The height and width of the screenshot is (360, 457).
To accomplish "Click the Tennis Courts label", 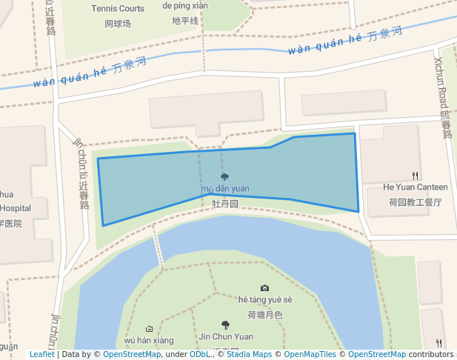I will point(118,9).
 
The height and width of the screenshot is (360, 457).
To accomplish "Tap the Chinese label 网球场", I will point(118,24).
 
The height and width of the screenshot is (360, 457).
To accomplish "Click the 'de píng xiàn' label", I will point(185,6).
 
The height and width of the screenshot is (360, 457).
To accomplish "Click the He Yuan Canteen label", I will point(415,187).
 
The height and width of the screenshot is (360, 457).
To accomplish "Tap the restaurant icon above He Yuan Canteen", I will point(416,176).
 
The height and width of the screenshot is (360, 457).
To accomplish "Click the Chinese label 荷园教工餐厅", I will point(415,201).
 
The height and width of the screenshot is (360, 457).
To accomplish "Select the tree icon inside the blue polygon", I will point(224,177).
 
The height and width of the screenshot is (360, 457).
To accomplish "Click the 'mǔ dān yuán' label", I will point(224,190).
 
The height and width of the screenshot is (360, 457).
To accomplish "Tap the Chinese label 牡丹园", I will point(224,203).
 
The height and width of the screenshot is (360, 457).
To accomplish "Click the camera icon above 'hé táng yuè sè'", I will point(265,287).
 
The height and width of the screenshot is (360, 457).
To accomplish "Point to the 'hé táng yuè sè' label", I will point(265,300).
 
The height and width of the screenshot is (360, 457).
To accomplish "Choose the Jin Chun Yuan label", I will point(226,336).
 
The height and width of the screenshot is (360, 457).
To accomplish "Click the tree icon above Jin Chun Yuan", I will point(225,324).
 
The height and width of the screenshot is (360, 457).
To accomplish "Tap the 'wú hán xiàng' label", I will point(149,341).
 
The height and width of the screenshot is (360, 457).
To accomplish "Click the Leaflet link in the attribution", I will point(42,355).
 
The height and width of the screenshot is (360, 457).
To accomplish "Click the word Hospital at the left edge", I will point(15,208).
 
